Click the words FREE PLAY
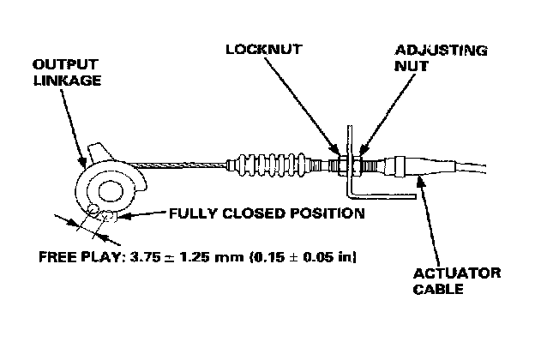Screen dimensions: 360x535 coord(80,255)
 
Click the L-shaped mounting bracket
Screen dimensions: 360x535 coord(351,176)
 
